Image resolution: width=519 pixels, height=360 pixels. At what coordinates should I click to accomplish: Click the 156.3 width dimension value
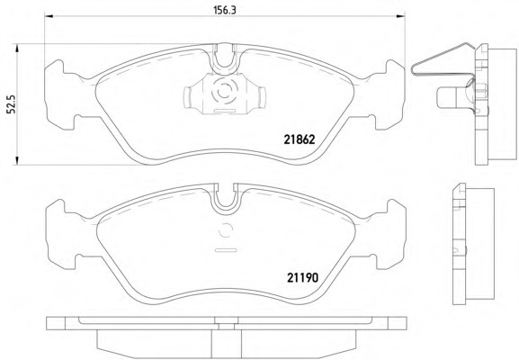(224, 10)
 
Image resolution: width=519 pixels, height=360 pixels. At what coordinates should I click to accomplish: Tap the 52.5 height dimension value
(11, 104)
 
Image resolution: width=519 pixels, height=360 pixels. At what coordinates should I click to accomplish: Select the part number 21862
(300, 139)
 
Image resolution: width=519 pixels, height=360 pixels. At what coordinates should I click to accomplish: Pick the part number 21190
(302, 277)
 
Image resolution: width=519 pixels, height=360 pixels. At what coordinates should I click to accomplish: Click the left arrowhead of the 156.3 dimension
(49, 15)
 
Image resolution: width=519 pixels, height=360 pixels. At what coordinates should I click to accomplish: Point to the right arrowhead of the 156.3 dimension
(401, 15)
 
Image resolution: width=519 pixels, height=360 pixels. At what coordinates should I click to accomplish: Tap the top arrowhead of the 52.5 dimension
(16, 48)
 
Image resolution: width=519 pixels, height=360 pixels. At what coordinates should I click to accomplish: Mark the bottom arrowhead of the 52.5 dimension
(16, 160)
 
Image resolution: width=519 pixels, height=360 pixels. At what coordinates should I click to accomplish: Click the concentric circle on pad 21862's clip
(225, 89)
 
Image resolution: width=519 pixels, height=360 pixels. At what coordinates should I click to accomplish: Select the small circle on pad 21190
(226, 230)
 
